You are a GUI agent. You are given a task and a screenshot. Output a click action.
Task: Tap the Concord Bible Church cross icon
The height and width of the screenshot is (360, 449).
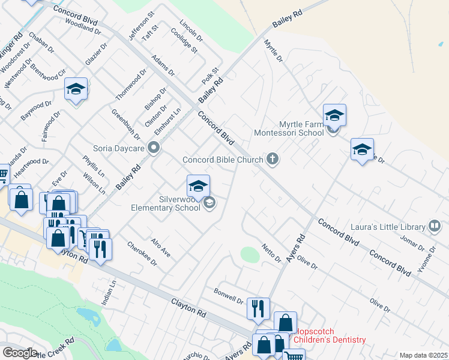coord(273,159)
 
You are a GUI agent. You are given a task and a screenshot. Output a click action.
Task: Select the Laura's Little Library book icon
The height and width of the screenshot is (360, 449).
coord(435,226)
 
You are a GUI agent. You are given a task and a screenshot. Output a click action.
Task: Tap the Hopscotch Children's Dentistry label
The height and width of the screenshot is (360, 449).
coord(329,335)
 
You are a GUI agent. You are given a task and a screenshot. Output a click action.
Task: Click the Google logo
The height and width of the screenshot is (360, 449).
coord(20,353)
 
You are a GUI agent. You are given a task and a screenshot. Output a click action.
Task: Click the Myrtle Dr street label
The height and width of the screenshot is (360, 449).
coord(273,50)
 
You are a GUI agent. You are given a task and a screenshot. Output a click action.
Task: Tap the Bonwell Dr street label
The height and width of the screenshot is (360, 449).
coord(229,295)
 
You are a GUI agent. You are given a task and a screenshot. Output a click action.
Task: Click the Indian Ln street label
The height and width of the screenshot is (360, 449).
coord(111,290)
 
